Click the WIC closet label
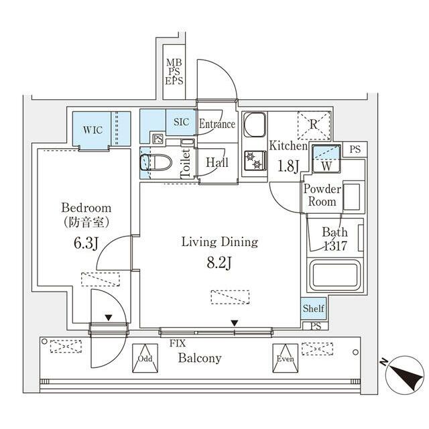point(93,129)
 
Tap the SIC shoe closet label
point(182,122)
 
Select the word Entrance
point(217,124)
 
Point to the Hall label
point(217,163)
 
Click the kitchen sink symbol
point(254,125)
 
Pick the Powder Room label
point(322,195)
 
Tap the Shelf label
point(313,308)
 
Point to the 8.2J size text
point(219,263)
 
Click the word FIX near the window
point(178,343)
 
